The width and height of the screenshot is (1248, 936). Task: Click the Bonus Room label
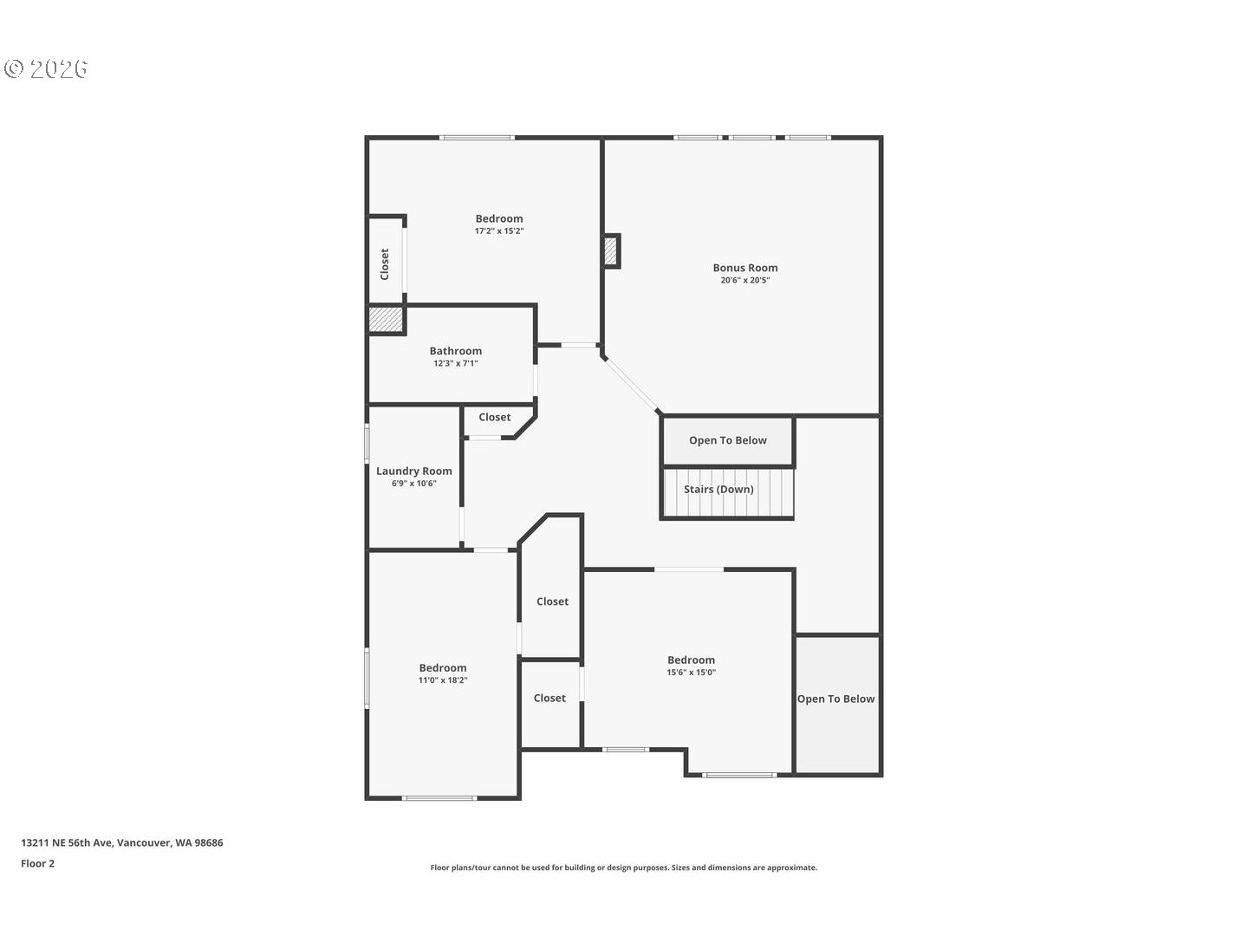[x=744, y=268]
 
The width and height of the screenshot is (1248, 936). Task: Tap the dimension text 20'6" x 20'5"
[x=744, y=281]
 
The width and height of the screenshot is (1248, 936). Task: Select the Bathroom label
[x=455, y=351]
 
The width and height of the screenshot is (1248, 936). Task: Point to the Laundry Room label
[x=413, y=471]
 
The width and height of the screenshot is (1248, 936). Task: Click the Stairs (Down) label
[x=718, y=490]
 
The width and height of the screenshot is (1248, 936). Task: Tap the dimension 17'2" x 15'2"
[x=498, y=231]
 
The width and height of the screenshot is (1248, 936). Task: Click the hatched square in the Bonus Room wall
[x=612, y=251]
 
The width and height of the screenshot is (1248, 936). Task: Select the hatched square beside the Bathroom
[x=386, y=320]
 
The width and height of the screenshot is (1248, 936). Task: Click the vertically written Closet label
[x=385, y=264]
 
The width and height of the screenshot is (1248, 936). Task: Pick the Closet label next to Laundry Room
[x=494, y=418]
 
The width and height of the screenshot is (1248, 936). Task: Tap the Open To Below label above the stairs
[x=727, y=440]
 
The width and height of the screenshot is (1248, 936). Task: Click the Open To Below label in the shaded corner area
[x=835, y=699]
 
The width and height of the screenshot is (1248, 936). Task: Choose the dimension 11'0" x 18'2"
[x=442, y=681]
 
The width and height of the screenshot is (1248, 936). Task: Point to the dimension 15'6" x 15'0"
[x=691, y=673]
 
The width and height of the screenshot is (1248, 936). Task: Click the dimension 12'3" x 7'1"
[x=455, y=364]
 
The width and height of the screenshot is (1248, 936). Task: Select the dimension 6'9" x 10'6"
[x=413, y=484]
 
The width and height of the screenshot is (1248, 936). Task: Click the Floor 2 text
[x=38, y=863]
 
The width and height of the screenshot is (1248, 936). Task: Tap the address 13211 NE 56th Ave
[x=121, y=842]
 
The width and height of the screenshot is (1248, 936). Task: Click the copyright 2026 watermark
[x=47, y=69]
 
